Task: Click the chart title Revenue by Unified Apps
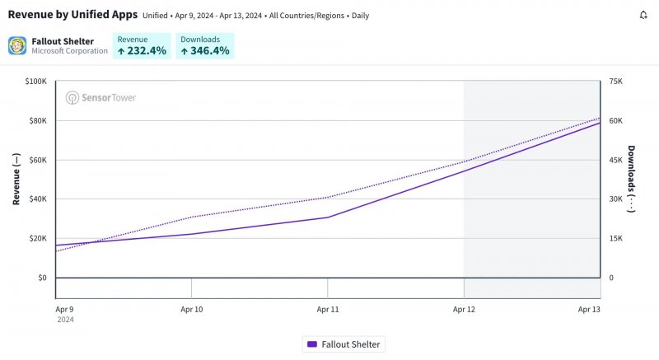point(72,15)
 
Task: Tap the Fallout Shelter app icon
point(17,45)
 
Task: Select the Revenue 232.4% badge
point(142,45)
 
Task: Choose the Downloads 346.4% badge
point(206,45)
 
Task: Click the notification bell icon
point(643,15)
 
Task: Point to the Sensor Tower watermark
point(101,97)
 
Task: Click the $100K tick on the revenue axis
point(35,82)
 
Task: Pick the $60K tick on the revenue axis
point(37,160)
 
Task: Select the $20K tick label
point(37,238)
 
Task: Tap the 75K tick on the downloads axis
point(615,82)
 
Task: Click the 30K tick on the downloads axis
point(615,199)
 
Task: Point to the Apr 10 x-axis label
point(191,309)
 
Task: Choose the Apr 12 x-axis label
point(464,309)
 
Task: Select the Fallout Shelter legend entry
point(344,344)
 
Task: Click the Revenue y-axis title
point(16,179)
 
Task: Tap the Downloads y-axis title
point(632,179)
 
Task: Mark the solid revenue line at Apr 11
point(328,217)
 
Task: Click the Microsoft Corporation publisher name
point(69,51)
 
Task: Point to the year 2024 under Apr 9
point(65,320)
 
